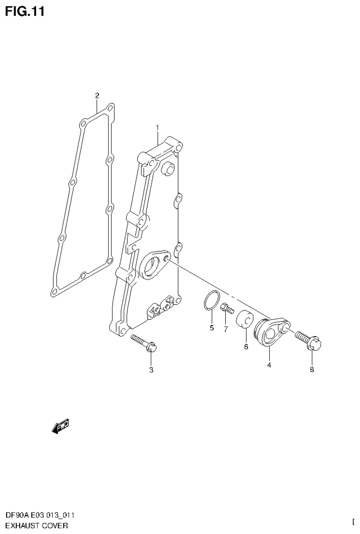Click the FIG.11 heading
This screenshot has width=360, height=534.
(24, 11)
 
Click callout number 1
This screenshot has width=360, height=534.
(158, 127)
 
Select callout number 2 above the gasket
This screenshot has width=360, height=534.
(97, 96)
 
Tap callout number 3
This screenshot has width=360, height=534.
(151, 370)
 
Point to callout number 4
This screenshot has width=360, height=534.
(269, 365)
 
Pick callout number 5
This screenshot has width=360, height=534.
(212, 328)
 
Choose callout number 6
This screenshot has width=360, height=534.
(245, 347)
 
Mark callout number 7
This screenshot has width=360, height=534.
(225, 329)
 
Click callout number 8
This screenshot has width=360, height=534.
(312, 369)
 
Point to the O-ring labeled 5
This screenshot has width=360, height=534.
(212, 301)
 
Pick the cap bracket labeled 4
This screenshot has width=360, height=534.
(271, 332)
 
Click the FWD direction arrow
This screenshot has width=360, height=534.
(60, 426)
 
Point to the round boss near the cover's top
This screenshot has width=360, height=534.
(167, 168)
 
